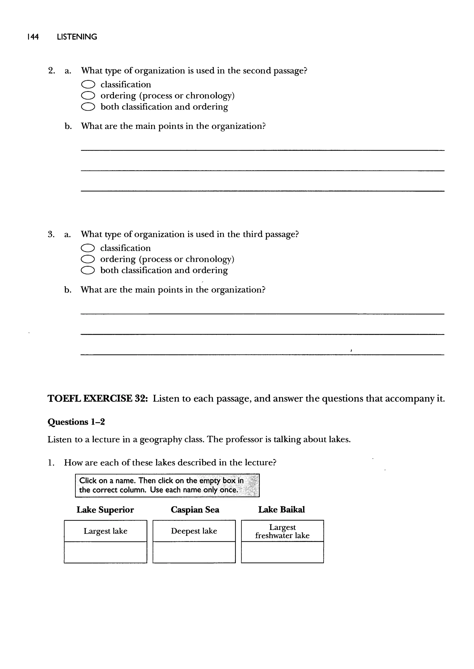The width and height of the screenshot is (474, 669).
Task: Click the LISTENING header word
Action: tap(77, 37)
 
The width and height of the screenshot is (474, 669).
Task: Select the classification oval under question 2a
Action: tap(88, 85)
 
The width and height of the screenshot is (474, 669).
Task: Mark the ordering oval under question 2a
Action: tap(88, 96)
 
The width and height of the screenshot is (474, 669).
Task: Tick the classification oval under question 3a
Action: tap(87, 248)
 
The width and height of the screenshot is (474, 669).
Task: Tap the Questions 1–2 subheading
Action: tap(76, 422)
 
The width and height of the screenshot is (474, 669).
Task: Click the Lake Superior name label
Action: tap(105, 510)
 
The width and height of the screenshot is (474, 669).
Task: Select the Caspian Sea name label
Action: tap(195, 510)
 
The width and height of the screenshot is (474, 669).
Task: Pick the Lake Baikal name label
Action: tap(281, 510)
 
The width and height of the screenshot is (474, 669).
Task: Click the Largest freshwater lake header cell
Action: tap(282, 531)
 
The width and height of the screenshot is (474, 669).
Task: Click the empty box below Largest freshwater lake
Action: tap(282, 552)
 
